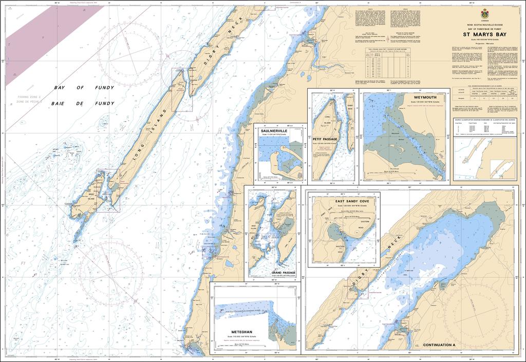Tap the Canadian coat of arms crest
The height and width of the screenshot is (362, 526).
tap(485, 14)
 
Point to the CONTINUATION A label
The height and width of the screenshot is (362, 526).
tap(439, 345)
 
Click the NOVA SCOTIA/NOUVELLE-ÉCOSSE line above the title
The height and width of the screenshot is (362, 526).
tap(484, 25)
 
